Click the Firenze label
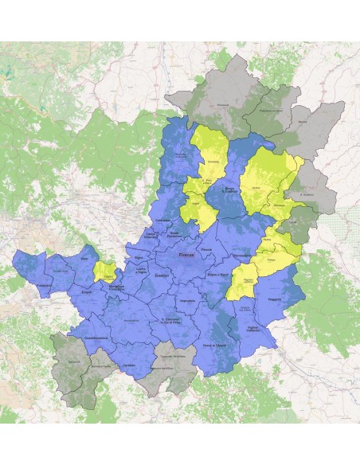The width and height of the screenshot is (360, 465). (x=186, y=255)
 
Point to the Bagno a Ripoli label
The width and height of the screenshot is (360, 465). (x=217, y=274)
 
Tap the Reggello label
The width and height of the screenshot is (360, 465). (x=275, y=300)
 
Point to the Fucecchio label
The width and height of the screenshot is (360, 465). (x=44, y=284)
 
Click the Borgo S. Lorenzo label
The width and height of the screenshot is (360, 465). (x=229, y=187)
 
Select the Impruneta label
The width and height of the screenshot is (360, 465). (x=188, y=299)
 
